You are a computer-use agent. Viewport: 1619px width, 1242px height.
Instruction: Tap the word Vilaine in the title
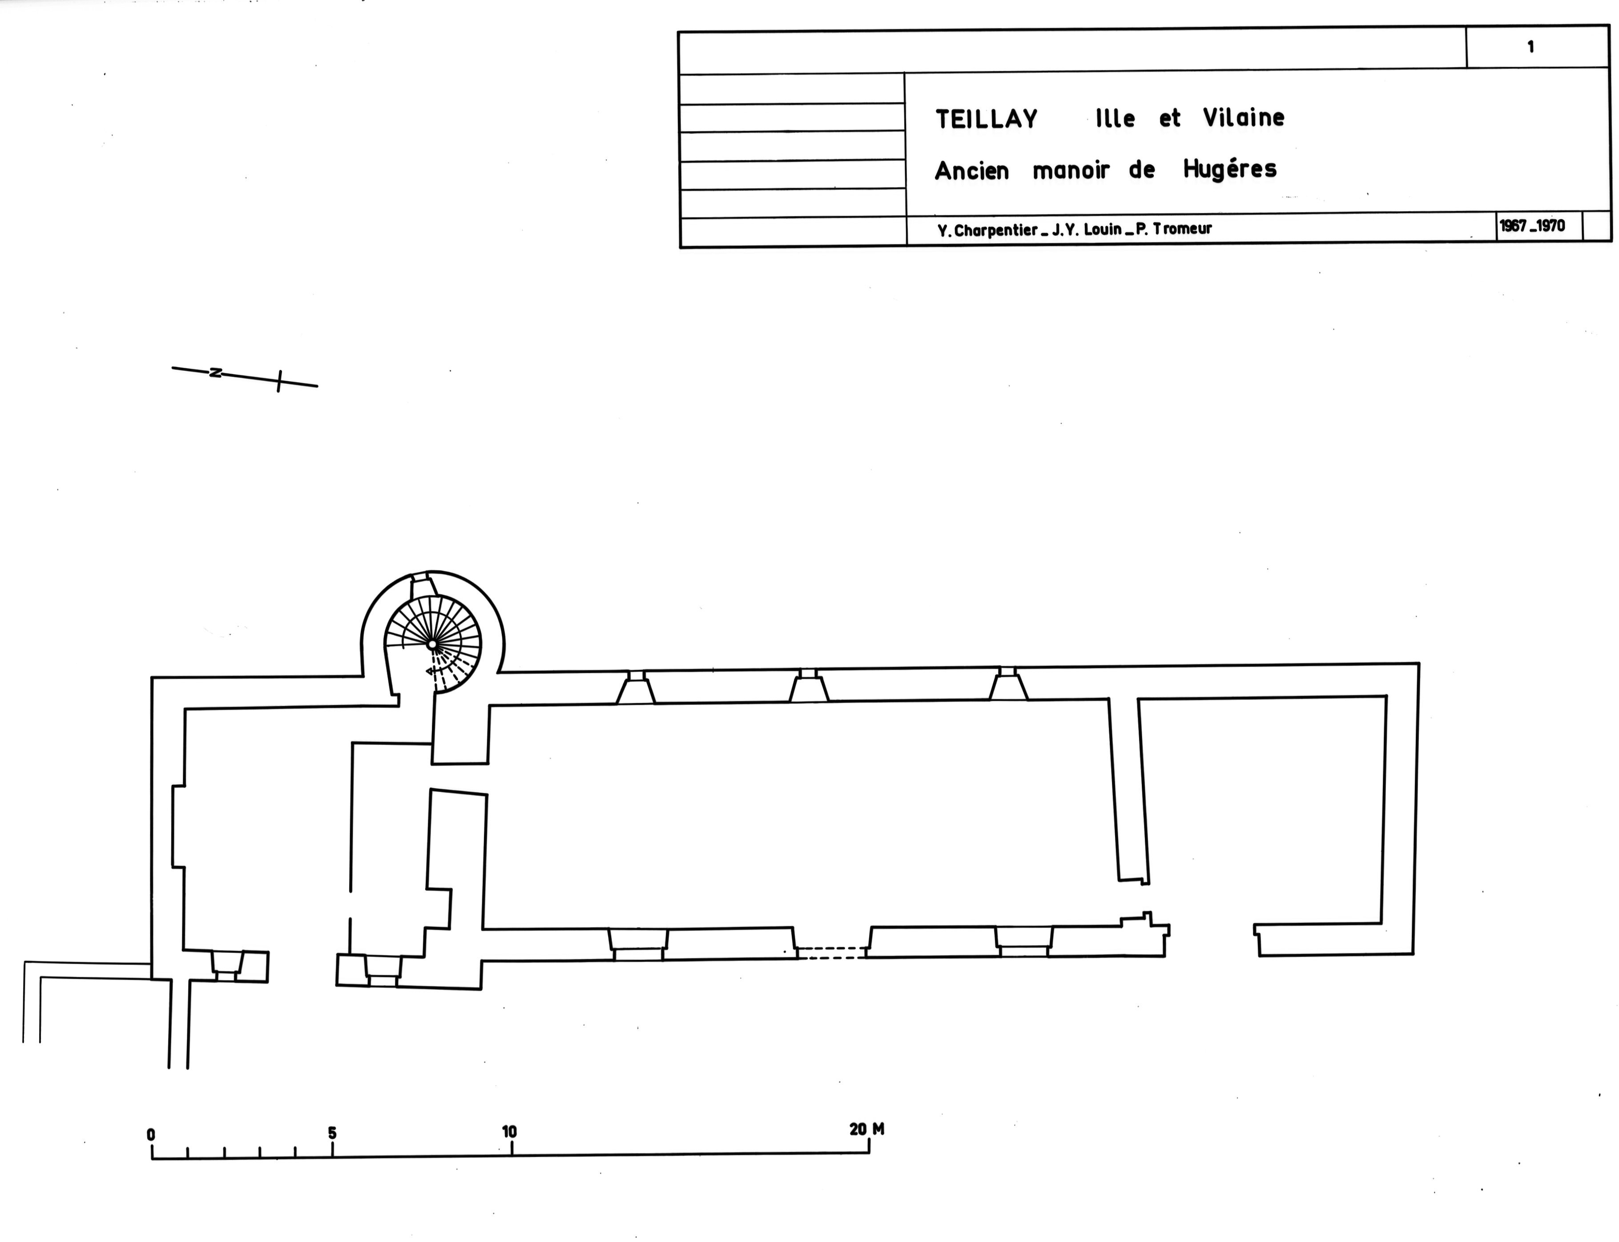click(x=1244, y=117)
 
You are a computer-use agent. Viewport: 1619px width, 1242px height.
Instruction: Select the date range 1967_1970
click(x=1533, y=225)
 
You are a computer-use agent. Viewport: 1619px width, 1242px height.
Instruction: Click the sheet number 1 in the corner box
click(x=1530, y=47)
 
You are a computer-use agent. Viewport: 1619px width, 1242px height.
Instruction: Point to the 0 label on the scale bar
click(x=151, y=1134)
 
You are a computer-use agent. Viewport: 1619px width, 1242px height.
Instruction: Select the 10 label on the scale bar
click(x=509, y=1132)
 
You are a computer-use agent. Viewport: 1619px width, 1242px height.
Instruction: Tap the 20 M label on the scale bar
click(x=866, y=1129)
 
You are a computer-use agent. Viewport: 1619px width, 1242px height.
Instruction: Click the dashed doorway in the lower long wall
click(x=832, y=953)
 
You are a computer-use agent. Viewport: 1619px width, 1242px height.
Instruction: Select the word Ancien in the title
click(x=971, y=172)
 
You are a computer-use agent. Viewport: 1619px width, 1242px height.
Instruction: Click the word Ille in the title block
click(x=1115, y=118)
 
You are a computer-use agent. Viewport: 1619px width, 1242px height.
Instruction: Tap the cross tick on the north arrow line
click(x=279, y=381)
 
